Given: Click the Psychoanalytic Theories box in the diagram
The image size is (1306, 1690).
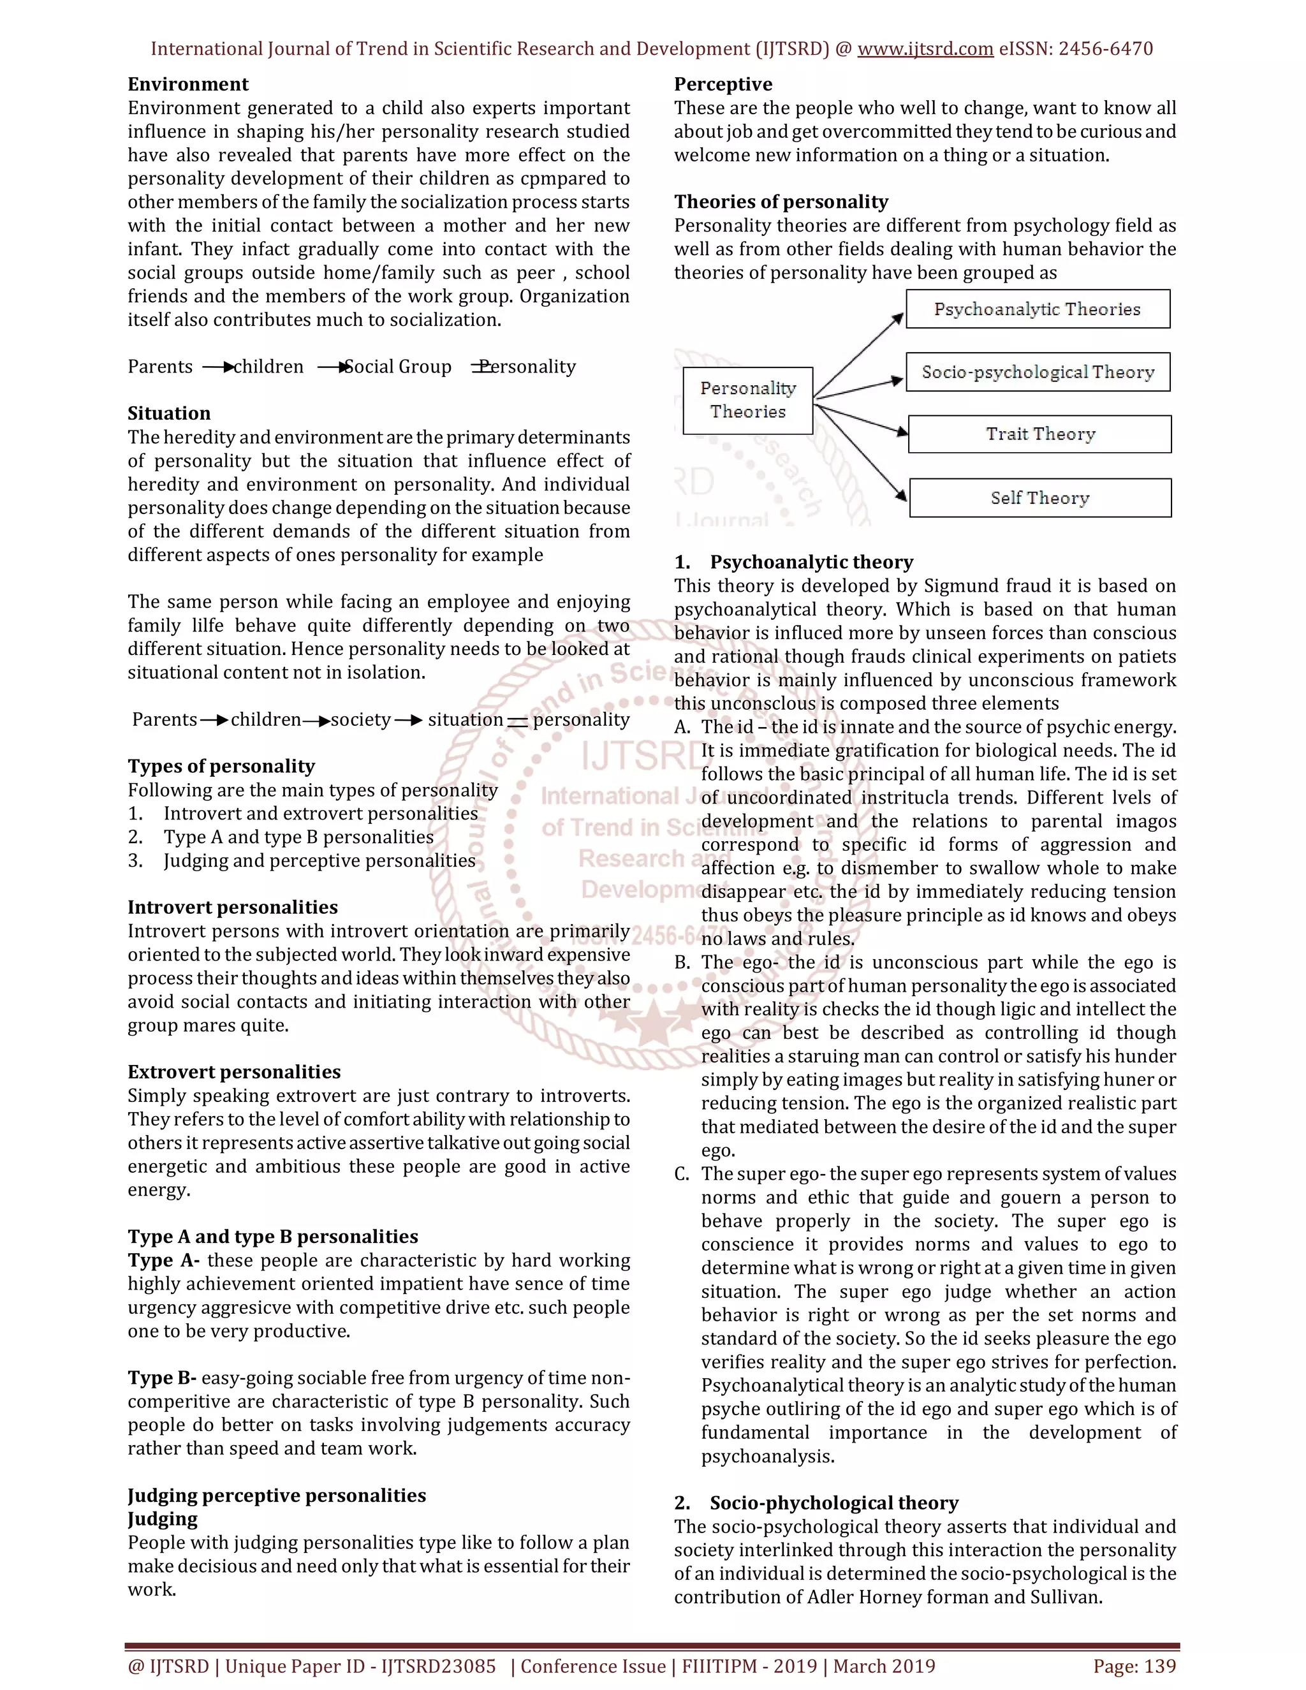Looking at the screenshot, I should click(1037, 309).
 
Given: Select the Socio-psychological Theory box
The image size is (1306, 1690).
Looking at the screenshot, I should click(1037, 372).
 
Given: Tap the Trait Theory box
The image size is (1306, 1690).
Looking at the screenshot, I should click(1039, 434).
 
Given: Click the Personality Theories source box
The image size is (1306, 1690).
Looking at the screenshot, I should click(747, 400).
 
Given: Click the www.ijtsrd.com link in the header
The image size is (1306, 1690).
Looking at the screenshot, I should click(925, 48).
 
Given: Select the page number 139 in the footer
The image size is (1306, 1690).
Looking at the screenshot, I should click(1161, 1666).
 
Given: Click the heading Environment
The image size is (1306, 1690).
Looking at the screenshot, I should click(188, 84).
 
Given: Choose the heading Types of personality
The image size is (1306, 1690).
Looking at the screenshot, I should click(221, 766).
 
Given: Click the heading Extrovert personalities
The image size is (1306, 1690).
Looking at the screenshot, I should click(233, 1072).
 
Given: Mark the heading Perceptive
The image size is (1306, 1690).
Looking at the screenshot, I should click(723, 84).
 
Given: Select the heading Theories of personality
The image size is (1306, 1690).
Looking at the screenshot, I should click(781, 202).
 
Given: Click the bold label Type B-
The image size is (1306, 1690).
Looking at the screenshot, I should click(162, 1378).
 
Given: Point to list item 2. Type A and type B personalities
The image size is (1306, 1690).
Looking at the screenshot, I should click(298, 837).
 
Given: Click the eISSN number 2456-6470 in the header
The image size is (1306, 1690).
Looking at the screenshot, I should click(1105, 48).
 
